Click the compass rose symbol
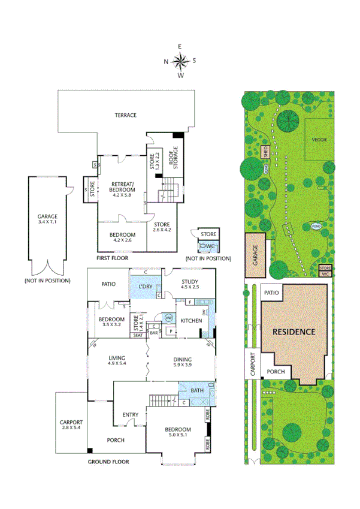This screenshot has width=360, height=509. pos(180,60)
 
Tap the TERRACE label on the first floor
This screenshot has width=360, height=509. pos(126,115)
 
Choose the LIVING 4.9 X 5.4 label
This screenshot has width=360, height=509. pos(117,360)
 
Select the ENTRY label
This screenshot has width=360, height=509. pos(131,414)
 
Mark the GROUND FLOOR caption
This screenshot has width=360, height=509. pos(108,462)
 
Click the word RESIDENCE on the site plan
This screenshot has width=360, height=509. pos(294,331)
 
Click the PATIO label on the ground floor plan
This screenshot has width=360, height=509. pos(108,284)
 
